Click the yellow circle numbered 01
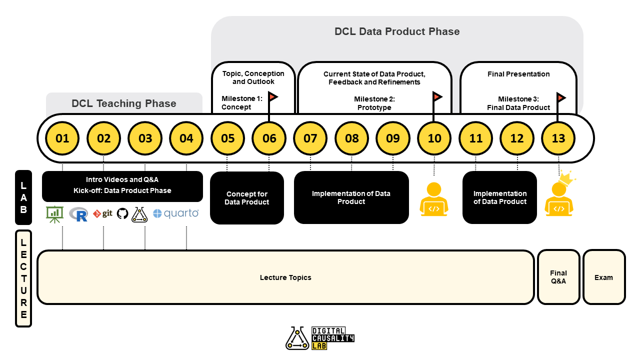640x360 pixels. pos(62,138)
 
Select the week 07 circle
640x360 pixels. pos(310,138)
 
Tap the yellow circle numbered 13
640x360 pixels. pos(558,138)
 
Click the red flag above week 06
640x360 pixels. pos(273,96)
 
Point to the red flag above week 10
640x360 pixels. pos(437,96)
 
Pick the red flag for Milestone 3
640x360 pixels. pos(561,96)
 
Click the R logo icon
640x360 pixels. pos(78,214)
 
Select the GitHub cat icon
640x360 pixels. pos(122,213)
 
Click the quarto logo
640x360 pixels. pos(175,213)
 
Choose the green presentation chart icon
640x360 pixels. pos(55,213)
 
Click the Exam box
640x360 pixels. pos(604,277)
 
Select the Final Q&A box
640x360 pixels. pos(558,277)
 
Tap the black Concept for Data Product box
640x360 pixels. pos(247,198)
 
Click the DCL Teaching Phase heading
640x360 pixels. pos(124,103)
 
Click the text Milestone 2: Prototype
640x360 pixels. pos(374,103)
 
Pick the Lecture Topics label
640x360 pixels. pos(285,277)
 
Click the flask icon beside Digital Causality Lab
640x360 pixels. pos(297,338)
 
